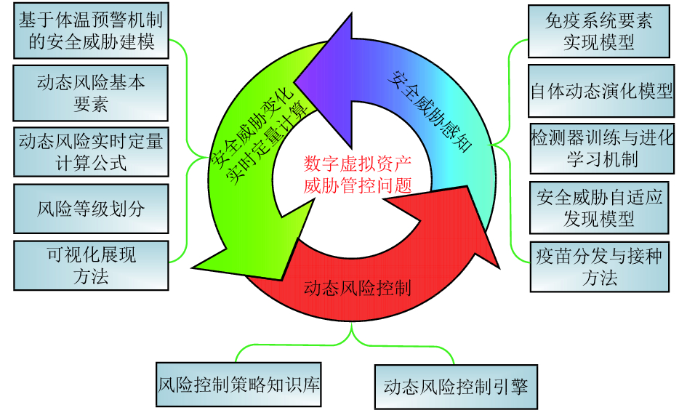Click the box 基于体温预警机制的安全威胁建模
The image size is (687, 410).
92,31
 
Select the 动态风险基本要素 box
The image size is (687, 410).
91,93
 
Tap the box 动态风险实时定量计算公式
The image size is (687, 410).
91,152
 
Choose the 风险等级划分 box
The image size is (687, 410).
91,209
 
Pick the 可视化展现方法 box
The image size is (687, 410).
91,266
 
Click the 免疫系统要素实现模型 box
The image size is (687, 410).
599,31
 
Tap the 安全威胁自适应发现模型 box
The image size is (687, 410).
599,207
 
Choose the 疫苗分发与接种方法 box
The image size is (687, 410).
599,266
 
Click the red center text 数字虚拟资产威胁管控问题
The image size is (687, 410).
358,174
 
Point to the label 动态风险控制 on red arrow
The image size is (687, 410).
356,288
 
